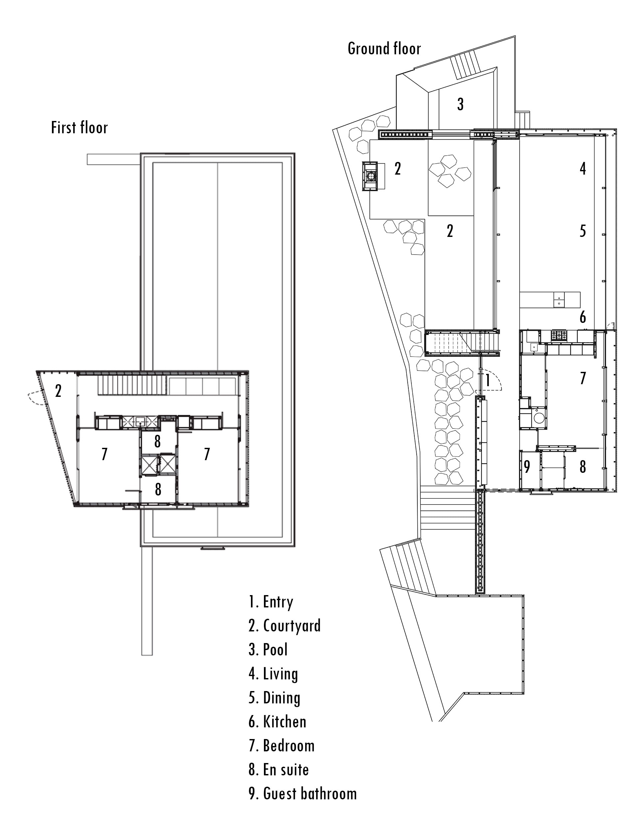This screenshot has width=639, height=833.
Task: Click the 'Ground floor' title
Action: click(x=384, y=49)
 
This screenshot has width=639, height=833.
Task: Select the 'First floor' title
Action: click(x=80, y=128)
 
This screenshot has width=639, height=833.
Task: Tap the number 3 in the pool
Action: click(x=460, y=104)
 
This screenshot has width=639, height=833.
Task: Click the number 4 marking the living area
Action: click(x=583, y=168)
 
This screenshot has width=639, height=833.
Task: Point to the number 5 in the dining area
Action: click(x=583, y=231)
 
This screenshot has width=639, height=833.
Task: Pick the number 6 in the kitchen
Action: click(x=583, y=317)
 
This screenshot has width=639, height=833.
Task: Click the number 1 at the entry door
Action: click(x=488, y=380)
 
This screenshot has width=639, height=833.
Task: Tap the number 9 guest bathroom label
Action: click(x=527, y=467)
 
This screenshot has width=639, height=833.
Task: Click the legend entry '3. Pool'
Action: click(x=268, y=649)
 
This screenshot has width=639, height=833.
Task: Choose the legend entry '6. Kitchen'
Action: click(x=277, y=721)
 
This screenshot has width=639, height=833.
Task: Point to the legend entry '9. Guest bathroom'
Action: click(x=303, y=794)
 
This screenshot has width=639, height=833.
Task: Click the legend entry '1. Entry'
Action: click(x=271, y=602)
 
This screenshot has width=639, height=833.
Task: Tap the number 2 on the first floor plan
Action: click(x=58, y=391)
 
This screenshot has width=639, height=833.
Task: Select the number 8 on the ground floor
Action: click(x=583, y=467)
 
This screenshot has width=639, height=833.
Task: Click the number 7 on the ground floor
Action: click(x=583, y=378)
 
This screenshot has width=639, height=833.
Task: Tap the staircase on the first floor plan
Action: click(x=133, y=385)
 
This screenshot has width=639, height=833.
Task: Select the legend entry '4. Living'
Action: click(x=273, y=674)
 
